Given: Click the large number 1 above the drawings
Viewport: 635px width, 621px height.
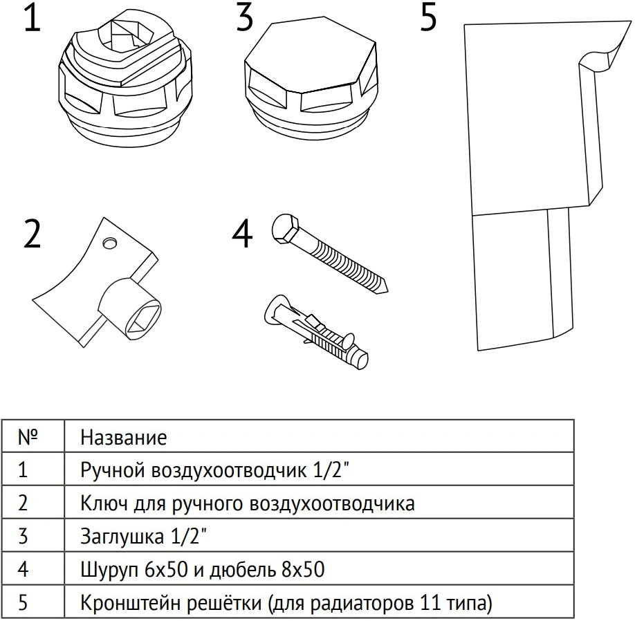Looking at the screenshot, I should tap(33, 19).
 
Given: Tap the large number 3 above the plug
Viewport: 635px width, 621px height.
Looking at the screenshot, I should tap(244, 18).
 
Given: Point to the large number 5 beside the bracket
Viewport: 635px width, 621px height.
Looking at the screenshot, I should tap(428, 18).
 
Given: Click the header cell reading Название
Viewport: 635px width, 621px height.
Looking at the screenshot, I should tap(124, 437).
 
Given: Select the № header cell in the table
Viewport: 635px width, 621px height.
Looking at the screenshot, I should tap(27, 437).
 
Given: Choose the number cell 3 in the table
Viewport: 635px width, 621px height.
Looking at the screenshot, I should tap(23, 537).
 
